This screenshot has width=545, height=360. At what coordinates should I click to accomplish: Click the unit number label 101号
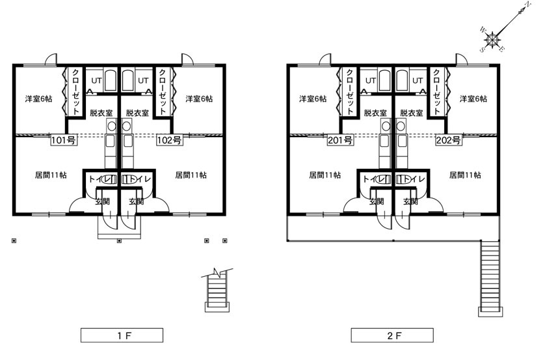64,140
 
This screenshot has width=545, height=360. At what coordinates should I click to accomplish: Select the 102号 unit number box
169,140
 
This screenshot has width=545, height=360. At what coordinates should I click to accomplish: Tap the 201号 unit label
340,140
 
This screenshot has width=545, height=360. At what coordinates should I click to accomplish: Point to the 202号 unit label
449,140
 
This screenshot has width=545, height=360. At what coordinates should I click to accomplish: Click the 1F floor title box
122,335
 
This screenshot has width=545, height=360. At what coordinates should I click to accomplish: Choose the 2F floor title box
392,335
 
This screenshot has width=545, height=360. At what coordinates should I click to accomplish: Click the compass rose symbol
492,39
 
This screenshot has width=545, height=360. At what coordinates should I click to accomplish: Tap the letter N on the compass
528,5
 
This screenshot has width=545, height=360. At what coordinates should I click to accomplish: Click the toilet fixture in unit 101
109,179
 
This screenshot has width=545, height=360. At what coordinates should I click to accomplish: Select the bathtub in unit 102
127,81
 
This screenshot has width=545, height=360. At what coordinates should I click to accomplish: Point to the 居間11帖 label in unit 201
325,175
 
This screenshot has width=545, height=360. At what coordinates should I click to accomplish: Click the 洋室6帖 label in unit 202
473,99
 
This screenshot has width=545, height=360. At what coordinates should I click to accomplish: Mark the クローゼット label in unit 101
76,92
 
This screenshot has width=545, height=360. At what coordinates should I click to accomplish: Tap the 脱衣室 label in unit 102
137,113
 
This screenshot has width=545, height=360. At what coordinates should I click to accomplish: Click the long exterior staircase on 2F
490,278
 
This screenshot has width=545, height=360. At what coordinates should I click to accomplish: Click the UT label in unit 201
371,81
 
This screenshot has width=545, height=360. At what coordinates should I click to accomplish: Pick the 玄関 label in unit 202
410,201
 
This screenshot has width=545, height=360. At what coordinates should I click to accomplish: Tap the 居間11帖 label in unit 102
191,175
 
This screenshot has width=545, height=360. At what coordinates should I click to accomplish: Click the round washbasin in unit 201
386,126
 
